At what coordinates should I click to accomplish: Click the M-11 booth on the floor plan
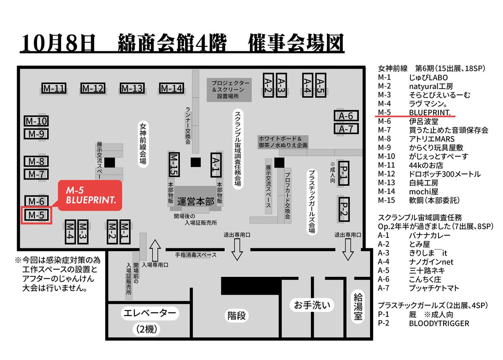[54, 89]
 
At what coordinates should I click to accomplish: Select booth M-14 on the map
[171, 89]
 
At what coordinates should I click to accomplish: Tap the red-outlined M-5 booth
[36, 215]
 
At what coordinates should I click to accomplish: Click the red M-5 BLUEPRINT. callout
[90, 195]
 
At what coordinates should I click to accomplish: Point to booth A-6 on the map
[346, 116]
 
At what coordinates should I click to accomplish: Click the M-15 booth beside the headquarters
[174, 164]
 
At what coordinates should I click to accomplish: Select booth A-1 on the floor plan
[215, 164]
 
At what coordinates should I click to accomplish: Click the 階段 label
[237, 315]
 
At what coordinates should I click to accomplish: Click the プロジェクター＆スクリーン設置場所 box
[231, 89]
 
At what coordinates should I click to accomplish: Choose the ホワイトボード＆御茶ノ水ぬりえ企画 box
[283, 141]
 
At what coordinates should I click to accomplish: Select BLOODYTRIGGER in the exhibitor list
[439, 323]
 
